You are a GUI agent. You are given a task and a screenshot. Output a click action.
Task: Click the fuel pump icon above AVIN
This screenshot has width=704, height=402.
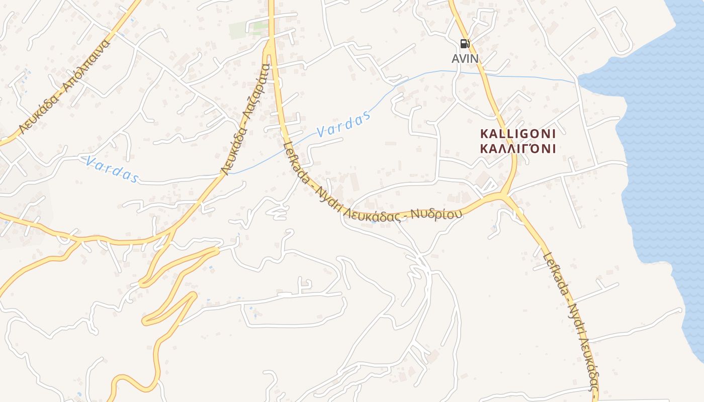[465, 44]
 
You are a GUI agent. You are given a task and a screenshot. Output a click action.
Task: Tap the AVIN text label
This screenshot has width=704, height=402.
[465, 59]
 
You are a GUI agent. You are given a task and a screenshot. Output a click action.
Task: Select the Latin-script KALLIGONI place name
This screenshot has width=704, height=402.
[518, 134]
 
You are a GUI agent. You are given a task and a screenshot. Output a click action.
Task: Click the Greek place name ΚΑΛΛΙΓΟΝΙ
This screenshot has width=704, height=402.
[518, 149]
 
